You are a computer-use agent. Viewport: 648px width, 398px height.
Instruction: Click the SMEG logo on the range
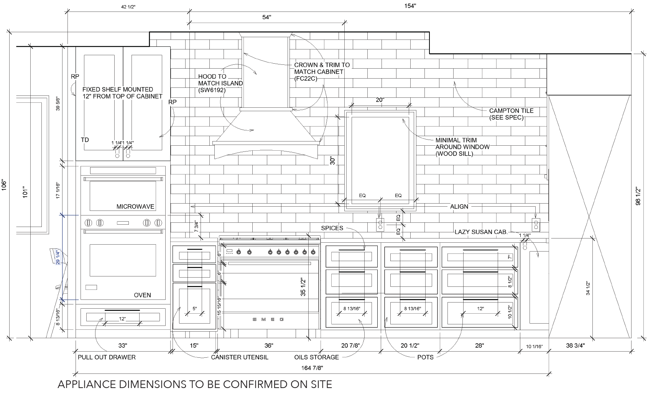click(x=268, y=319)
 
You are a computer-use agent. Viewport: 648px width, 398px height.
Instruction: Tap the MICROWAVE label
click(x=135, y=207)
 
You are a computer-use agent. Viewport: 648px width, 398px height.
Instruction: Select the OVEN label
click(x=142, y=295)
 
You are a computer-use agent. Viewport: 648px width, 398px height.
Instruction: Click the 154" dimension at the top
click(x=410, y=6)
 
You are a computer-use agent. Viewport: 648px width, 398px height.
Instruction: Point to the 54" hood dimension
click(x=266, y=17)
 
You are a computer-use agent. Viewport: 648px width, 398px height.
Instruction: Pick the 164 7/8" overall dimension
click(x=312, y=368)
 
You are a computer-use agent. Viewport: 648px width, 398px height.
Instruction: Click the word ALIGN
click(x=459, y=207)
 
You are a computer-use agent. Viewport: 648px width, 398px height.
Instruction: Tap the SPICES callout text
click(x=332, y=228)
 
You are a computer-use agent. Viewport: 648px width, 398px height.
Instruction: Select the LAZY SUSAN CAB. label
click(x=481, y=232)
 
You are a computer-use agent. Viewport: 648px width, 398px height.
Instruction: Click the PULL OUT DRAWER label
click(x=107, y=357)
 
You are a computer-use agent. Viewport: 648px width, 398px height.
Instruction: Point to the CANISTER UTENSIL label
click(x=240, y=357)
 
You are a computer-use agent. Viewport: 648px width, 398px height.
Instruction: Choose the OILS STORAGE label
click(x=316, y=357)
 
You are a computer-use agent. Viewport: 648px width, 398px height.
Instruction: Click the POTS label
click(x=425, y=357)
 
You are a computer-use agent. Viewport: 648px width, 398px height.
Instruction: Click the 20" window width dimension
click(x=380, y=100)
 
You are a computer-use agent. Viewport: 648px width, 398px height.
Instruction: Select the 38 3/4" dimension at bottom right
click(x=575, y=345)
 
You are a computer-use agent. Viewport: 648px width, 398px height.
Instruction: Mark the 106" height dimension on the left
click(x=4, y=184)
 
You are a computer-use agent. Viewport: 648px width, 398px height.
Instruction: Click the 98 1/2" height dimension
click(x=638, y=196)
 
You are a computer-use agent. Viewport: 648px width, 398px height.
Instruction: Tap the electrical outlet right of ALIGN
click(x=536, y=225)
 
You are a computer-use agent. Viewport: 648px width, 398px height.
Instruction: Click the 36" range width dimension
click(x=269, y=345)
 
